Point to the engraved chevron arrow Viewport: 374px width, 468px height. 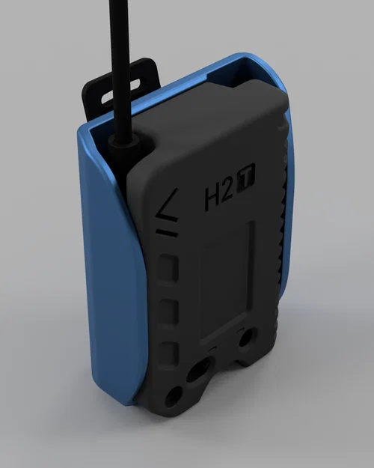click(x=167, y=202)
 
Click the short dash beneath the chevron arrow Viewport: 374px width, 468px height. click(x=168, y=234)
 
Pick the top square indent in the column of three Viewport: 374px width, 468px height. click(x=171, y=267)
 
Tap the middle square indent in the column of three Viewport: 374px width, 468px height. click(x=171, y=309)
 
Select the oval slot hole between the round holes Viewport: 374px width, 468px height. click(x=200, y=369)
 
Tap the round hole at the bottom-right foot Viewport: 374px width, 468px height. click(x=245, y=341)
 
